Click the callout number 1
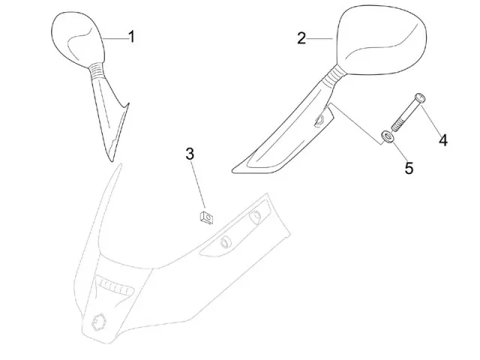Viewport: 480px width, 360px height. point(131,37)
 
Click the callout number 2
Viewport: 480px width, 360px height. point(301,38)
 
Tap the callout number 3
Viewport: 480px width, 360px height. point(190,154)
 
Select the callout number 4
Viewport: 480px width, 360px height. point(443,139)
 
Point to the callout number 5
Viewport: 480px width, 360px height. point(409,168)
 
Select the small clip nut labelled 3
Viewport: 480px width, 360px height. point(203,217)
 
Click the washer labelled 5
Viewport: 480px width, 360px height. point(387,136)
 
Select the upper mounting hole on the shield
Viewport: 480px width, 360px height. point(255,217)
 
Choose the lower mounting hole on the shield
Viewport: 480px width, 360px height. point(223,243)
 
